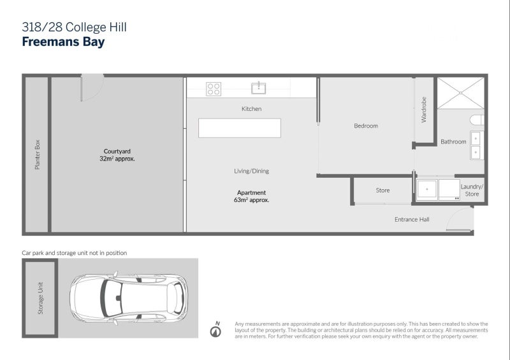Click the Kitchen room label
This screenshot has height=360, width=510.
click(251, 109)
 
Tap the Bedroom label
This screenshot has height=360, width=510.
click(366, 126)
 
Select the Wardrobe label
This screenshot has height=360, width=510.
click(424, 110)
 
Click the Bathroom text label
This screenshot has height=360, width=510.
click(453, 141)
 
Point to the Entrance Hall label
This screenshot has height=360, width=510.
click(411, 219)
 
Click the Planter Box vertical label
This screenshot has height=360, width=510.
click(37, 154)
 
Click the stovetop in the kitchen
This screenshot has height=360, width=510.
click(213, 89)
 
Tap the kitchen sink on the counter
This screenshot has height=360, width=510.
click(259, 88)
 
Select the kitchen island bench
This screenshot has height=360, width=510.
click(239, 128)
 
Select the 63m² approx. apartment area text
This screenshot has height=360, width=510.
click(251, 200)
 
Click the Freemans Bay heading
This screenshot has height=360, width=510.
click(63, 43)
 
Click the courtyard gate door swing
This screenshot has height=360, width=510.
click(91, 87)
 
